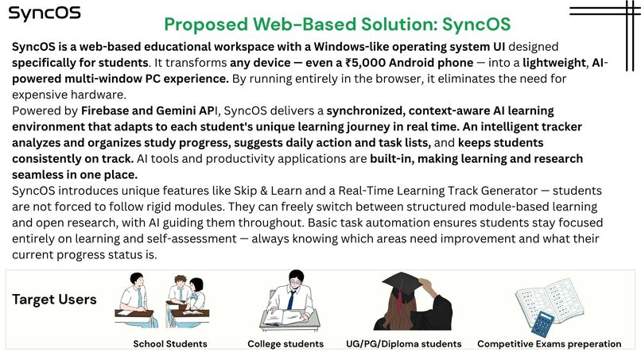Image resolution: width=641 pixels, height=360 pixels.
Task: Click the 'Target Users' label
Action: [x=54, y=300]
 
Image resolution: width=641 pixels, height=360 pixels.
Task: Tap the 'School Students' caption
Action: [x=170, y=344]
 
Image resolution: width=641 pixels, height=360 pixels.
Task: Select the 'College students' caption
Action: [x=286, y=344]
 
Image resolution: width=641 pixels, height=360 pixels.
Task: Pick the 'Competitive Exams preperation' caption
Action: [x=549, y=344]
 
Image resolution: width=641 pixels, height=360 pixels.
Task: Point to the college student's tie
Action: [x=291, y=300]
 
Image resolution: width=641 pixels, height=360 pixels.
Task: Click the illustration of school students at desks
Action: [x=162, y=301]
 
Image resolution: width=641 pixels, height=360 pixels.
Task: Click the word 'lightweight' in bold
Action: [x=546, y=63]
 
